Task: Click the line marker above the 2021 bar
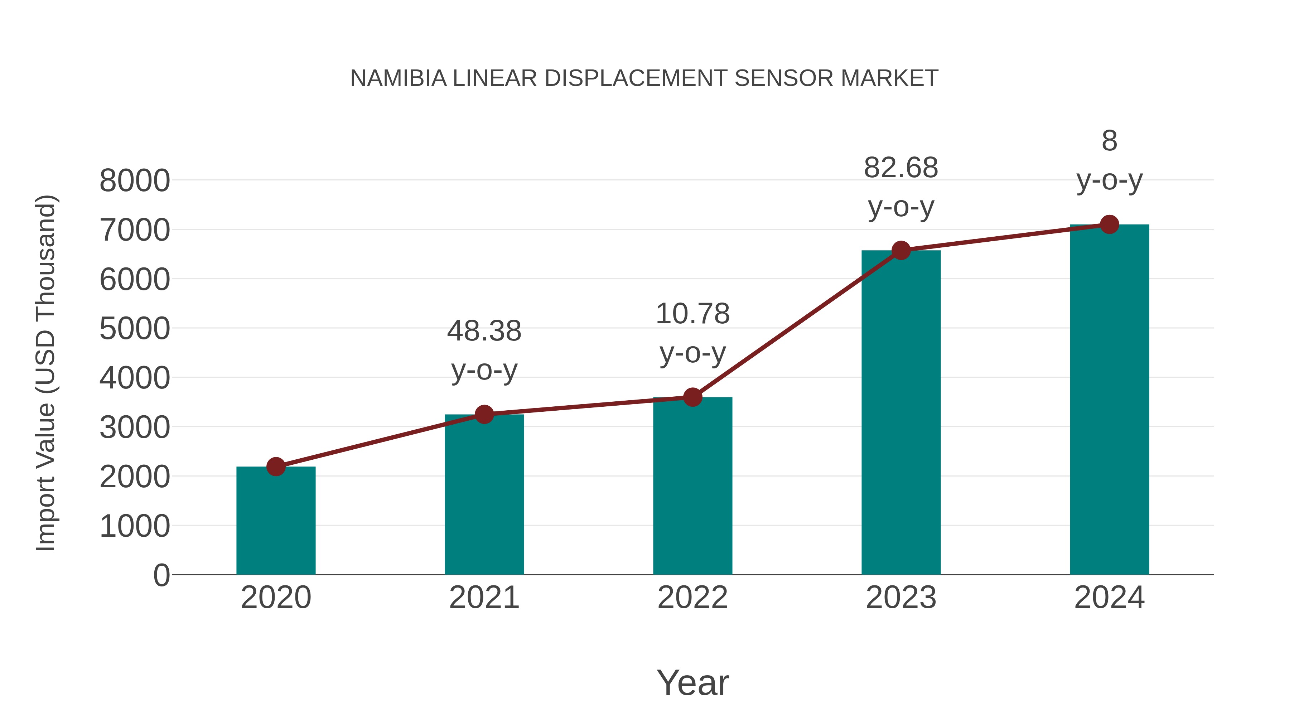484,414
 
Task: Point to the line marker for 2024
1109,224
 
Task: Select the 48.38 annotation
484,331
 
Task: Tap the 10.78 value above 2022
692,314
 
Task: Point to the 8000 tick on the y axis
135,181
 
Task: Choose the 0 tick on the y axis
161,575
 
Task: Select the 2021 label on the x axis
484,598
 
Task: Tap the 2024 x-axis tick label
1109,598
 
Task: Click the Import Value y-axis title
45,373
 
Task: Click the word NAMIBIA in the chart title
398,78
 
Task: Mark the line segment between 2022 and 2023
797,324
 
